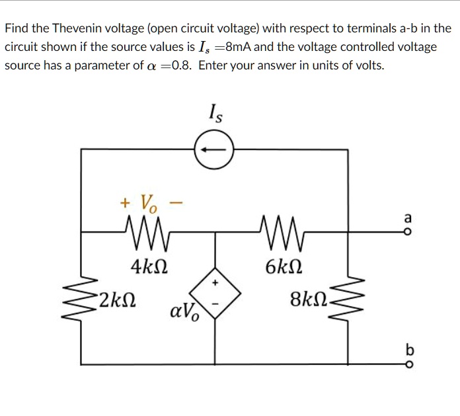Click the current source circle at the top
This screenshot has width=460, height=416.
pos(213,150)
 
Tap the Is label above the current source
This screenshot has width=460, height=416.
pos(215,114)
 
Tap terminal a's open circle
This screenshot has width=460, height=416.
pos(407,232)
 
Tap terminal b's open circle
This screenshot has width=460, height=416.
pos(407,363)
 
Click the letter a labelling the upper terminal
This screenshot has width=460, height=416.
pos(407,218)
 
